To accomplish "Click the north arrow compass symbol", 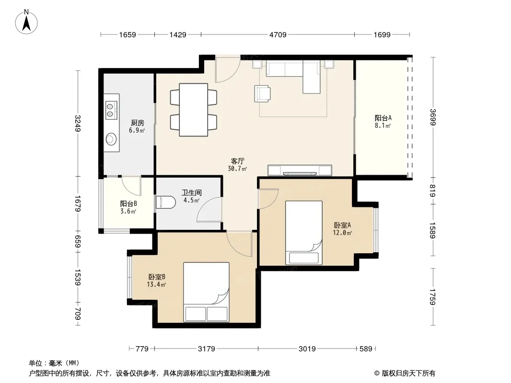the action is [x=26, y=22].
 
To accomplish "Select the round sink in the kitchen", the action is [x=111, y=139].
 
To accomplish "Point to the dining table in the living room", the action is [x=194, y=110].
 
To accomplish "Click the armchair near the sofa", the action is [x=262, y=94].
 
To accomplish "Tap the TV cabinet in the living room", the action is [x=300, y=170].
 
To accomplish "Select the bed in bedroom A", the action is [x=304, y=233].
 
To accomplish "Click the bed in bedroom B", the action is [x=206, y=292].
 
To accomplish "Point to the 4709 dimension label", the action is [x=278, y=34].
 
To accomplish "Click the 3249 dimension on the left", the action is [x=78, y=124].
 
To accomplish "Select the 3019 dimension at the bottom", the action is [x=307, y=349].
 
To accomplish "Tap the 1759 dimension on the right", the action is [x=432, y=297].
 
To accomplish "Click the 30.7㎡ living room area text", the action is [x=237, y=169].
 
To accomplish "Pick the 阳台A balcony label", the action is [x=383, y=118].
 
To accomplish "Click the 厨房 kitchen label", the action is [x=137, y=123].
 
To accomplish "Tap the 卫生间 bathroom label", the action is [x=191, y=192].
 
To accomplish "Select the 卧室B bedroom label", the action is [x=157, y=277].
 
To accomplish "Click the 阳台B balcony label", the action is [x=128, y=203].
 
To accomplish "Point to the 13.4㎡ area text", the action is [x=156, y=285].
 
